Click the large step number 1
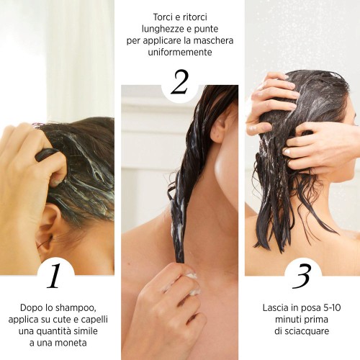(x=54, y=275)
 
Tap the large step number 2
(x=179, y=82)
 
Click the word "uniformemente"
(x=180, y=52)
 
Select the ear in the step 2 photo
(x=220, y=128)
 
